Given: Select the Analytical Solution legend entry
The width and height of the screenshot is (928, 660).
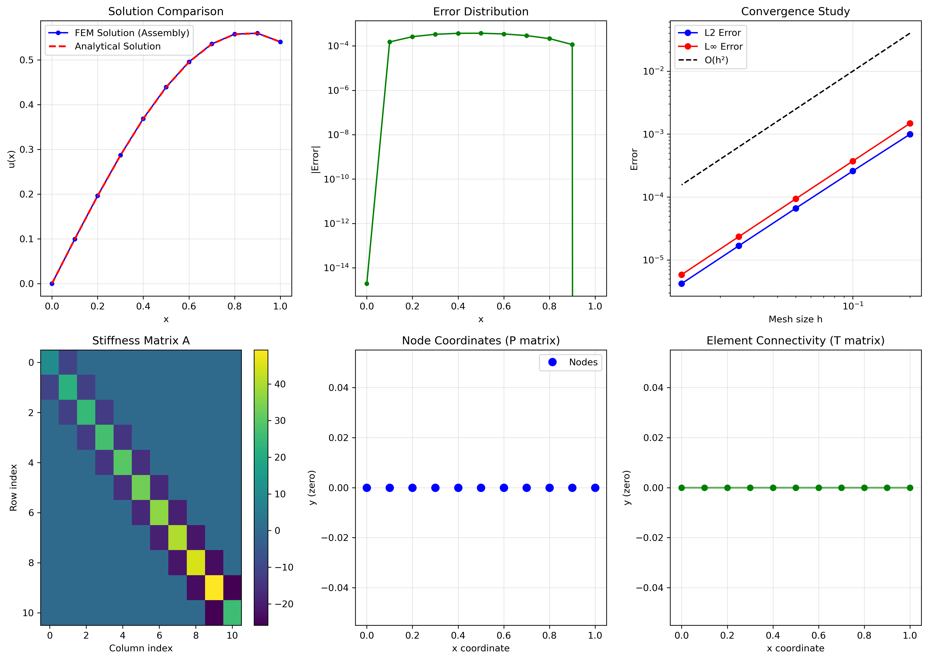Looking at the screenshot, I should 118,46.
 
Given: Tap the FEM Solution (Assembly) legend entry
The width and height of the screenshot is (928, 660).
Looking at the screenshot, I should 132,33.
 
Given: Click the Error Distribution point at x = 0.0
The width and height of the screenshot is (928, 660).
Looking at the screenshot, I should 367,283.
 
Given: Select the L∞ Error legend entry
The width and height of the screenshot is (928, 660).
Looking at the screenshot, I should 723,46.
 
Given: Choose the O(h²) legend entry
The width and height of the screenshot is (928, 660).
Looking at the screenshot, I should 716,60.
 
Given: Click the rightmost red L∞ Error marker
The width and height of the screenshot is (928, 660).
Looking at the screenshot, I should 910,123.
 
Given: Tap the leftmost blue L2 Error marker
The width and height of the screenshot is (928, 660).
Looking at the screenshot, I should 682,284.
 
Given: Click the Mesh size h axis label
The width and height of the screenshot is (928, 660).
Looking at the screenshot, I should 795,319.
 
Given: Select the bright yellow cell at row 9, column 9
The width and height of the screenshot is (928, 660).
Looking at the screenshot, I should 214,588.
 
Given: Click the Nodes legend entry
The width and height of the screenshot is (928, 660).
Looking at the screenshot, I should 583,362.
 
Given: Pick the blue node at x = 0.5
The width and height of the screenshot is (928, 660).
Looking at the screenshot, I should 481,488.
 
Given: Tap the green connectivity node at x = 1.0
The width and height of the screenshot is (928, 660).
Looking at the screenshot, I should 910,488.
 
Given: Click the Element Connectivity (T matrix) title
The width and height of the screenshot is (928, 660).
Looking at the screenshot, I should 795,341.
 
